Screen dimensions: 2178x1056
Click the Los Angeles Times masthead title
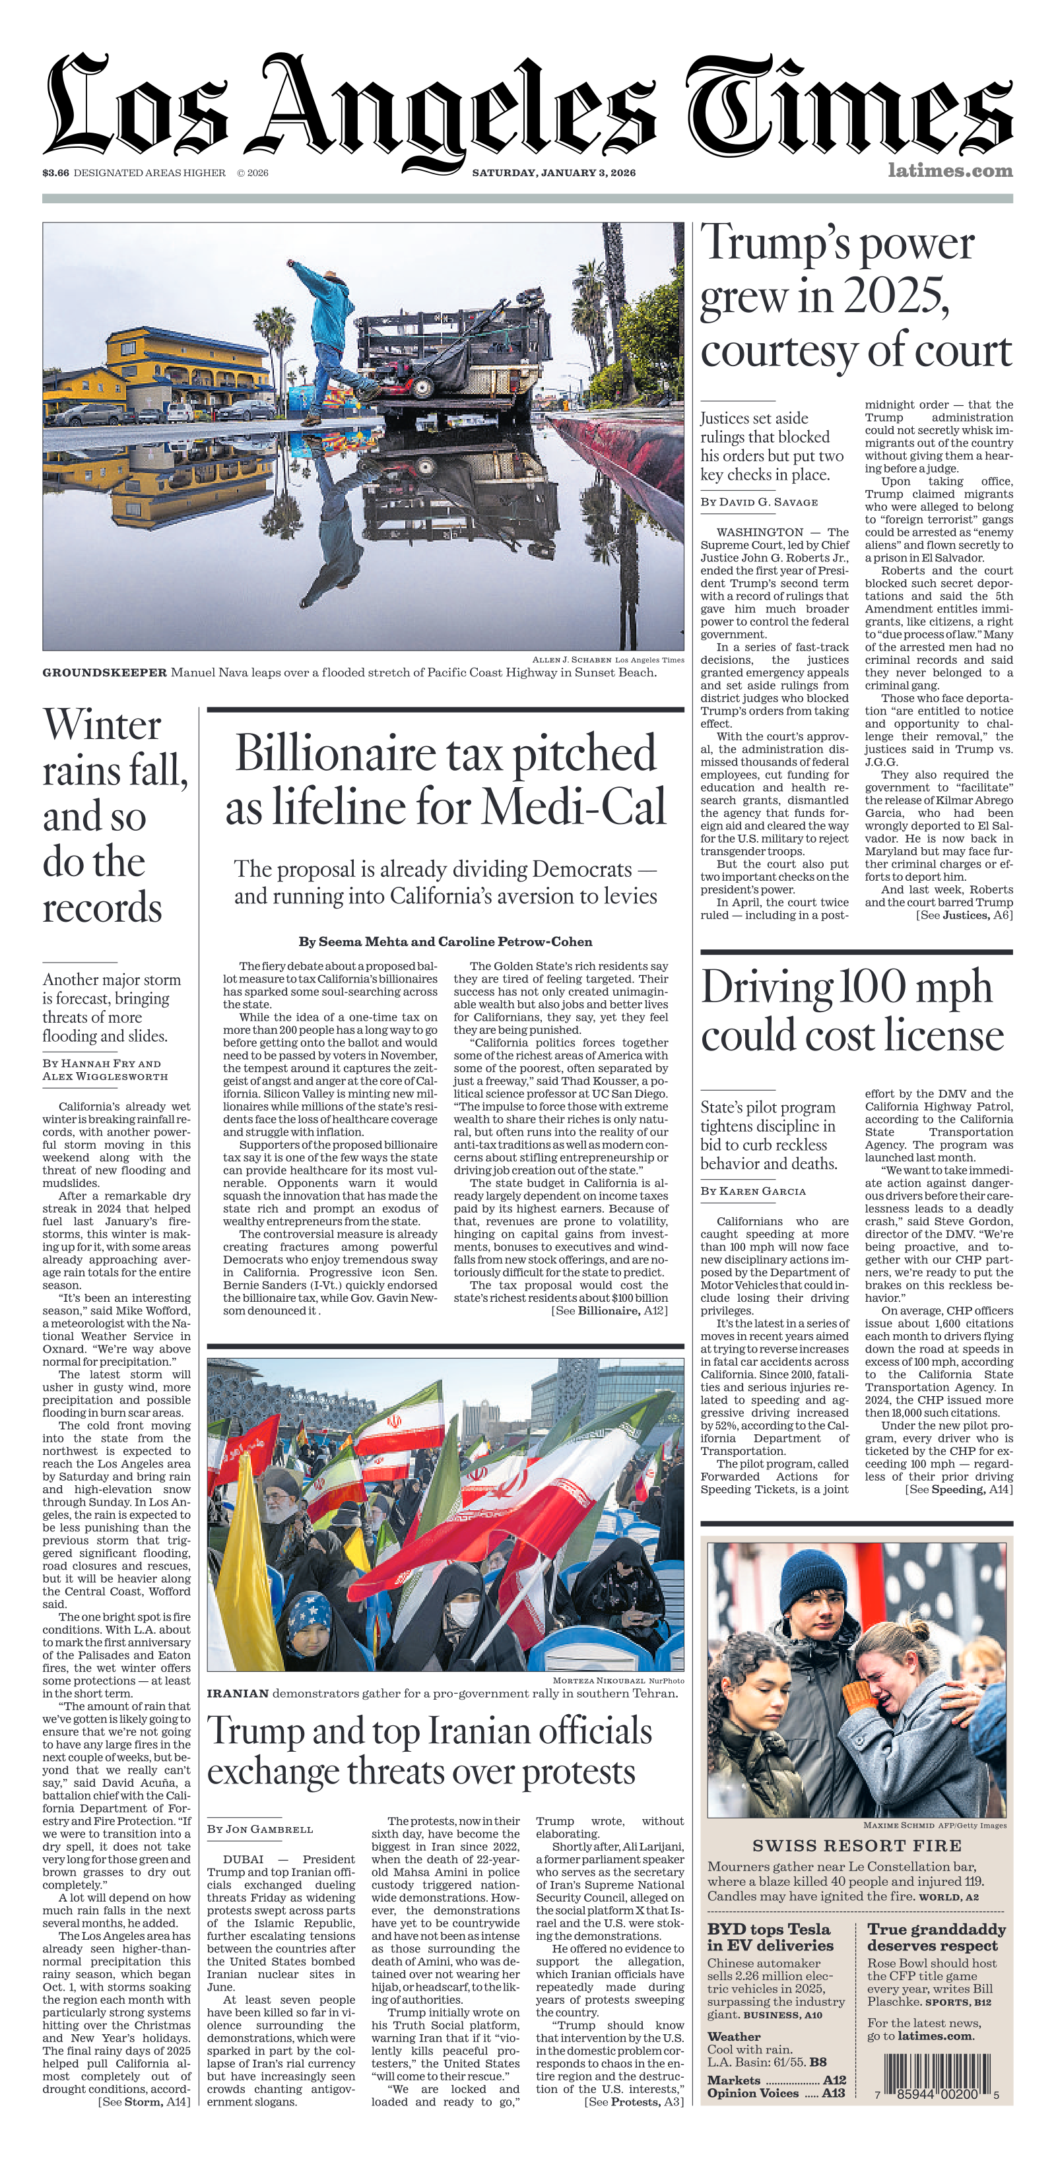coord(527,106)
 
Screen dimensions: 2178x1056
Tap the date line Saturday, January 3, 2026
coord(554,172)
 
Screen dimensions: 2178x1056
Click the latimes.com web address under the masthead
coord(950,170)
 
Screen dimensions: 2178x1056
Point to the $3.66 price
coord(56,172)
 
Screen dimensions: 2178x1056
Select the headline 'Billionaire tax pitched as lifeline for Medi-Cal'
coord(445,779)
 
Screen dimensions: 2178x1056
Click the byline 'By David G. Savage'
coord(758,501)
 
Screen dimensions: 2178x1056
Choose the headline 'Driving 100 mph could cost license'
coord(852,1010)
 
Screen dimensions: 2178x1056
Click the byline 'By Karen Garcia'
coord(752,1190)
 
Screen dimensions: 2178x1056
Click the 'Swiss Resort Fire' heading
coord(857,1845)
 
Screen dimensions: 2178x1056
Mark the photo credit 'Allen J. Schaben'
coord(572,660)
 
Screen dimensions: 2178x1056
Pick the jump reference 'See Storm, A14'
coord(144,2101)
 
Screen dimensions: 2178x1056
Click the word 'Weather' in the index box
coord(733,2037)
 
